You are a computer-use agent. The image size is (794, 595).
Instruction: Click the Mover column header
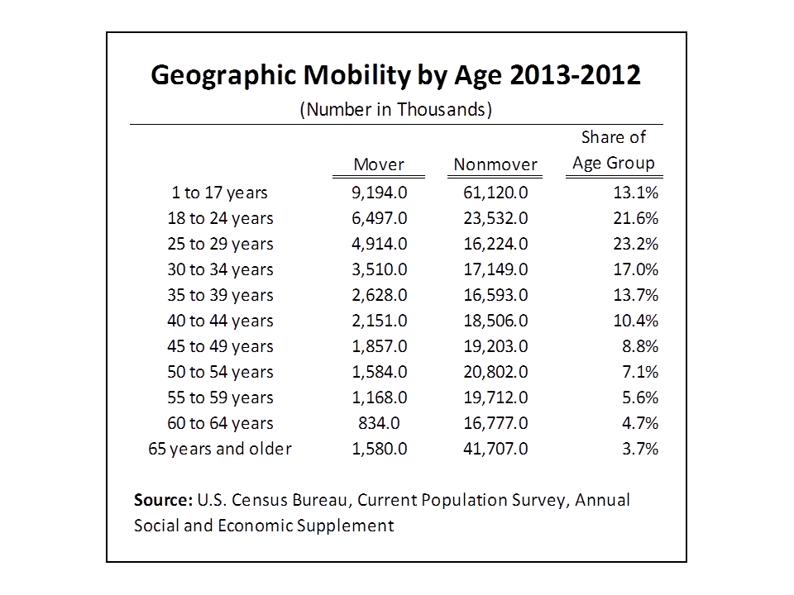pyautogui.click(x=379, y=164)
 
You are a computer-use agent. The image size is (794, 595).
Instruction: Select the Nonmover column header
pyautogui.click(x=495, y=164)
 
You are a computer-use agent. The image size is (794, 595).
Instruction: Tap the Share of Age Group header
pyautogui.click(x=614, y=150)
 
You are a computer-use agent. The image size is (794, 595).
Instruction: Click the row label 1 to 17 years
pyautogui.click(x=219, y=193)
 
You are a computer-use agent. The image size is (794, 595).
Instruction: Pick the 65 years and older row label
pyautogui.click(x=220, y=449)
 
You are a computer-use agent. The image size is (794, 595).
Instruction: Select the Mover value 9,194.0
pyautogui.click(x=380, y=193)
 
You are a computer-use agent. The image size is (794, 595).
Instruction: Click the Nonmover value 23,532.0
pyautogui.click(x=495, y=218)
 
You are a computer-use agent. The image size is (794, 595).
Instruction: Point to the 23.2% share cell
pyautogui.click(x=636, y=244)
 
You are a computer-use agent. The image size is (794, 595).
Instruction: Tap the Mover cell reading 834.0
pyautogui.click(x=380, y=423)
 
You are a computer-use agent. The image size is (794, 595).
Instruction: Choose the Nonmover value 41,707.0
pyautogui.click(x=495, y=449)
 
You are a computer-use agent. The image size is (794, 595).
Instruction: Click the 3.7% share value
pyautogui.click(x=640, y=449)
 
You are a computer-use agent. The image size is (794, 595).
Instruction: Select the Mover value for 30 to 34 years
pyautogui.click(x=380, y=269)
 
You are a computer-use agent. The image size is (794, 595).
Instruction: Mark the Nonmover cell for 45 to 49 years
pyautogui.click(x=495, y=346)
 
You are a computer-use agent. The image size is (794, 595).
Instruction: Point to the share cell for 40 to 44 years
pyautogui.click(x=636, y=321)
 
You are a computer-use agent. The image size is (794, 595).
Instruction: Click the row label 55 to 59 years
pyautogui.click(x=220, y=397)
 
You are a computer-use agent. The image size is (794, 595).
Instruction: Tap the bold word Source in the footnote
pyautogui.click(x=163, y=500)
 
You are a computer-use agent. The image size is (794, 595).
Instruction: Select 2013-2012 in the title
pyautogui.click(x=576, y=74)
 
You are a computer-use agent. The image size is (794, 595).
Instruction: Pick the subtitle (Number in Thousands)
pyautogui.click(x=396, y=110)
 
